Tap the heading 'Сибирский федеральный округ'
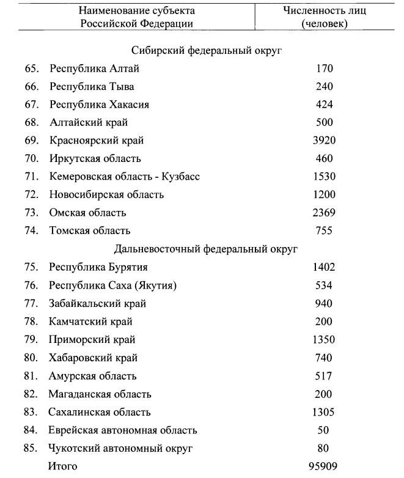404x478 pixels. (206, 51)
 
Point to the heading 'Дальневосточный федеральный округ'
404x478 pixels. (206, 249)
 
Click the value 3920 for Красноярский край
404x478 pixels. (324, 141)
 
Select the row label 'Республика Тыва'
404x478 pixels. (92, 87)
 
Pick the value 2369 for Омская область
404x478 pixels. (324, 213)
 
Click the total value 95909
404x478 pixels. (321, 467)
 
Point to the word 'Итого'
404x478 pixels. (64, 467)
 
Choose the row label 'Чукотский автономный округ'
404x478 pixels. (121, 449)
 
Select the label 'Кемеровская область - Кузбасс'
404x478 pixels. (125, 177)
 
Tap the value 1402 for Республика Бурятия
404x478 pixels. (324, 267)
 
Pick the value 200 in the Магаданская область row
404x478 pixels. (324, 394)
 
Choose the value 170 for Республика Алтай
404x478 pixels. (324, 68)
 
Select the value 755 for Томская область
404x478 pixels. (324, 231)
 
